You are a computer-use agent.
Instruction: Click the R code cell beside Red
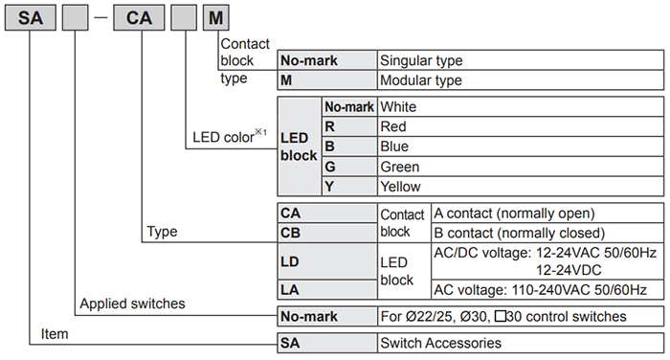tap(348, 126)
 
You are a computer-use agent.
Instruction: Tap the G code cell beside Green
tap(348, 167)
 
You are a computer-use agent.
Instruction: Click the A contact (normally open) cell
tap(546, 213)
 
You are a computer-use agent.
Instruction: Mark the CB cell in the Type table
tap(325, 233)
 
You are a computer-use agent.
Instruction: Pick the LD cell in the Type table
tap(325, 260)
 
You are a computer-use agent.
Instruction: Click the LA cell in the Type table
tap(325, 289)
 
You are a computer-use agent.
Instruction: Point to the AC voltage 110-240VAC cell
tap(546, 289)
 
